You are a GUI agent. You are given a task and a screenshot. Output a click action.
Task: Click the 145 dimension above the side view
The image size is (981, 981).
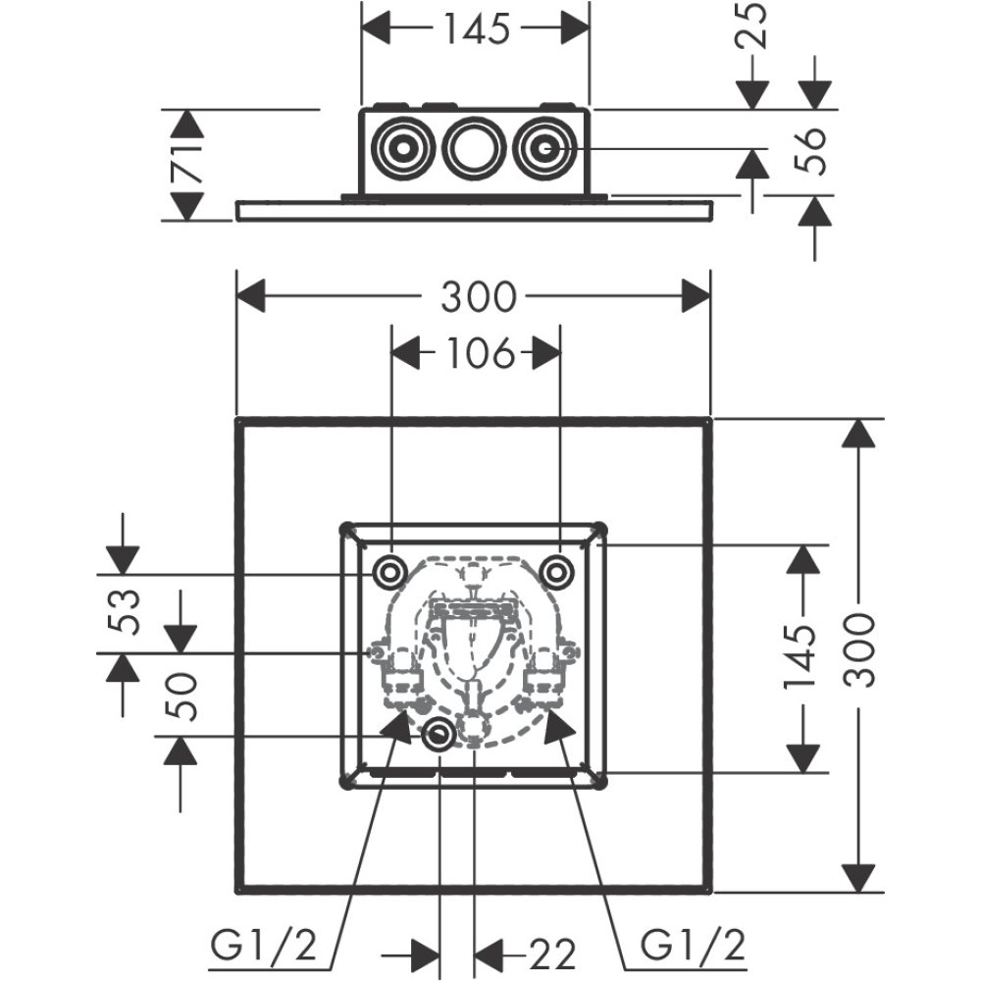(476, 29)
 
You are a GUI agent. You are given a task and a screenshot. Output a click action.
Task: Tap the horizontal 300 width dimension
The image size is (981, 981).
(477, 296)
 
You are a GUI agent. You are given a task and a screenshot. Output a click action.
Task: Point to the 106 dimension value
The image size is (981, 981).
(477, 353)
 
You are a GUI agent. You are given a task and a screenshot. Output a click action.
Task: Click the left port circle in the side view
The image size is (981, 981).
(403, 150)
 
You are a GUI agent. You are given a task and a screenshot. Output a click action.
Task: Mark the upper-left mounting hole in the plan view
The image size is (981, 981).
(389, 570)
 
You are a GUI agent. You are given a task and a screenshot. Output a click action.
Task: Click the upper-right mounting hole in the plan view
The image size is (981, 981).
(557, 570)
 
